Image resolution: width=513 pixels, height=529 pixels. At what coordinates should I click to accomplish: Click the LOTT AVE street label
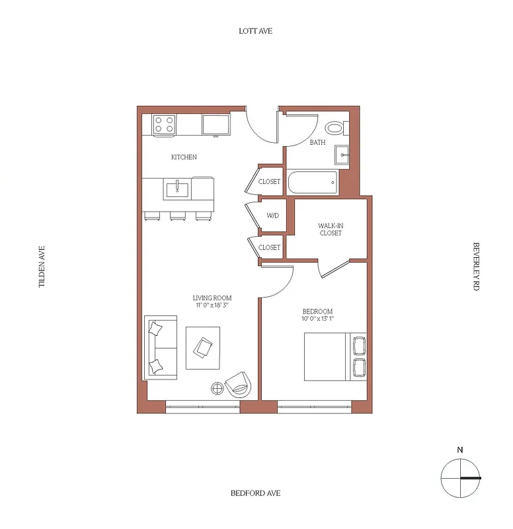[x=256, y=31]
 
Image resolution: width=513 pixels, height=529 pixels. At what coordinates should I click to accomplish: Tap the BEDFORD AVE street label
[x=256, y=493]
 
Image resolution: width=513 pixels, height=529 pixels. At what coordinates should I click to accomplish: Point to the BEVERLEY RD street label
[x=475, y=266]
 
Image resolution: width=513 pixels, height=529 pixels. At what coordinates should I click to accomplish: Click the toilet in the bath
[x=335, y=128]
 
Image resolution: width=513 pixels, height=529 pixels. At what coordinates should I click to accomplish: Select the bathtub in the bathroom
[x=311, y=182]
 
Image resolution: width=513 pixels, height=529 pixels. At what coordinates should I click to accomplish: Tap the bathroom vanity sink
[x=342, y=155]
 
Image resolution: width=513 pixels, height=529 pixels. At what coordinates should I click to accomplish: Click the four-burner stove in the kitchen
[x=164, y=124]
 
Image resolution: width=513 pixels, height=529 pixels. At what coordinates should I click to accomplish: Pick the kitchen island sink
[x=177, y=190]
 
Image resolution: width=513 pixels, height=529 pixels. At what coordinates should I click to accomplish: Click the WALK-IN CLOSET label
[x=331, y=229]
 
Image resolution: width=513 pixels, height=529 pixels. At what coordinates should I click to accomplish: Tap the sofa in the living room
[x=161, y=347]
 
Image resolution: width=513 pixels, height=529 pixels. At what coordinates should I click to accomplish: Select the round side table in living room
[x=217, y=388]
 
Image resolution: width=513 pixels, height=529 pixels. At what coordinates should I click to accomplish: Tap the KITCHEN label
[x=184, y=157]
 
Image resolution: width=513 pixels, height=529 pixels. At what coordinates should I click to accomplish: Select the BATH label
[x=317, y=142]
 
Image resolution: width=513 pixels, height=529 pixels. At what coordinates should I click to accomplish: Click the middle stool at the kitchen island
[x=177, y=216]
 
